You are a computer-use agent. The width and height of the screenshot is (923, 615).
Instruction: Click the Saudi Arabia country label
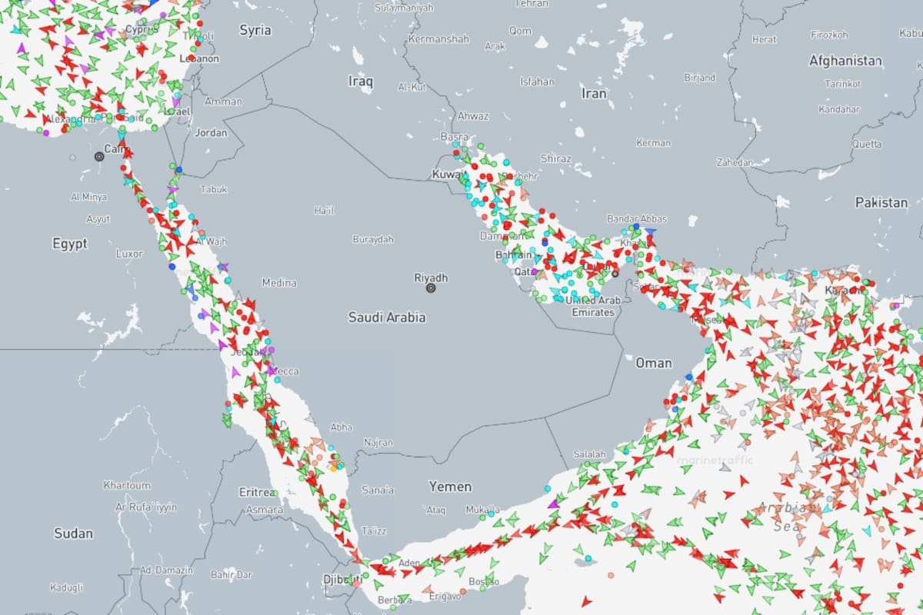[x=387, y=317]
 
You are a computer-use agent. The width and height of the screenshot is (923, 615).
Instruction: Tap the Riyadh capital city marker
[x=431, y=288]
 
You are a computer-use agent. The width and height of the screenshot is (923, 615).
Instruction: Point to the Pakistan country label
[x=881, y=203]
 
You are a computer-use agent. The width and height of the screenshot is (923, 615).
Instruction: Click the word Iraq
[x=360, y=81]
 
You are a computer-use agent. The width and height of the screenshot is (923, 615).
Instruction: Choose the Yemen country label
[x=450, y=487]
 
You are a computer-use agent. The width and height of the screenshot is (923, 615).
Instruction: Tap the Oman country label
[x=654, y=363]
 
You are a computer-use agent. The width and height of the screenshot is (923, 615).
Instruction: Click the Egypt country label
[x=70, y=244]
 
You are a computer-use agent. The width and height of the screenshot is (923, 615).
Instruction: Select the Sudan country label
[x=74, y=533]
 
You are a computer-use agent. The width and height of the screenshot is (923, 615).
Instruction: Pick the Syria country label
[x=255, y=30]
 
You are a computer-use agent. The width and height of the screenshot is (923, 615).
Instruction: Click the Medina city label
[x=279, y=283]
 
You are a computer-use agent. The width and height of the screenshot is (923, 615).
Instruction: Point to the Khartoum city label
[x=127, y=485]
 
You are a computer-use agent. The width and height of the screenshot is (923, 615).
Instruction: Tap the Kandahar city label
[x=838, y=109]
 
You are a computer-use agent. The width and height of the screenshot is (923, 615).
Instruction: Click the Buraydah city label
[x=373, y=239]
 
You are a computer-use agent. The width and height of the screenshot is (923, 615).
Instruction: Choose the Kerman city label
[x=654, y=143]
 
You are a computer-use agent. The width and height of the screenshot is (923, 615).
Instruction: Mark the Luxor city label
[x=129, y=253]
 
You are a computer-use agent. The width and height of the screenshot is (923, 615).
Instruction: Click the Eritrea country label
[x=258, y=492]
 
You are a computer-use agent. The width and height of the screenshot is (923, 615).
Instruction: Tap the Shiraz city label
[x=556, y=158]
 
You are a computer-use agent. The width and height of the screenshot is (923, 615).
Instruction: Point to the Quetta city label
[x=867, y=144]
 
